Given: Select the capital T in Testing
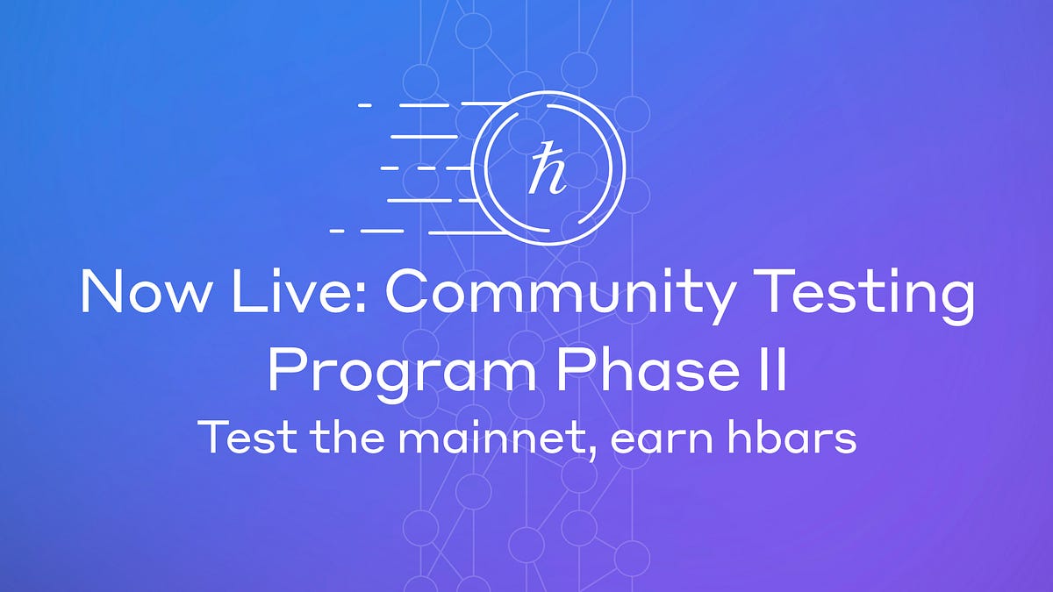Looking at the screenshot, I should pos(780,292).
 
